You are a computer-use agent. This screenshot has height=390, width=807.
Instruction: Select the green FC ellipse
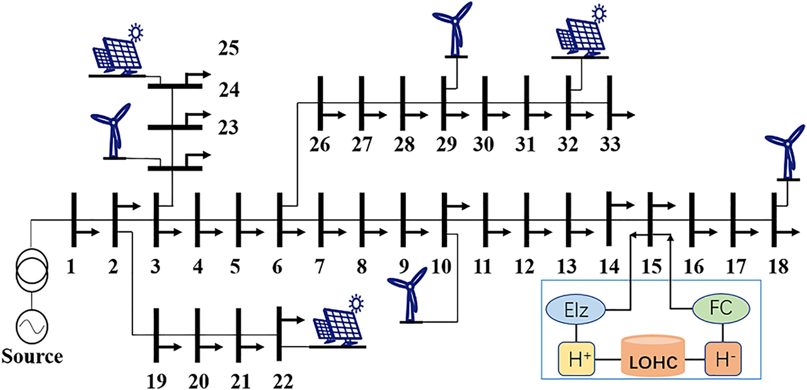[x=721, y=309]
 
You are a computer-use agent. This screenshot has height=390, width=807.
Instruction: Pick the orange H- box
[x=722, y=360]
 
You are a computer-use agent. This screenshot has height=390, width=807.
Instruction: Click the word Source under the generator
[x=32, y=357]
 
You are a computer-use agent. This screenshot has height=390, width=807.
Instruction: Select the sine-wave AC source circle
[x=32, y=324]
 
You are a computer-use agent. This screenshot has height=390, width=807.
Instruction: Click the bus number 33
[x=609, y=144]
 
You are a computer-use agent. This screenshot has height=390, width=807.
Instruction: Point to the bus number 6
[x=278, y=267]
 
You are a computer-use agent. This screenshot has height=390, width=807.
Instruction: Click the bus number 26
[x=321, y=144]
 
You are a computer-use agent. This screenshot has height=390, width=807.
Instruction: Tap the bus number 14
[x=610, y=267]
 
